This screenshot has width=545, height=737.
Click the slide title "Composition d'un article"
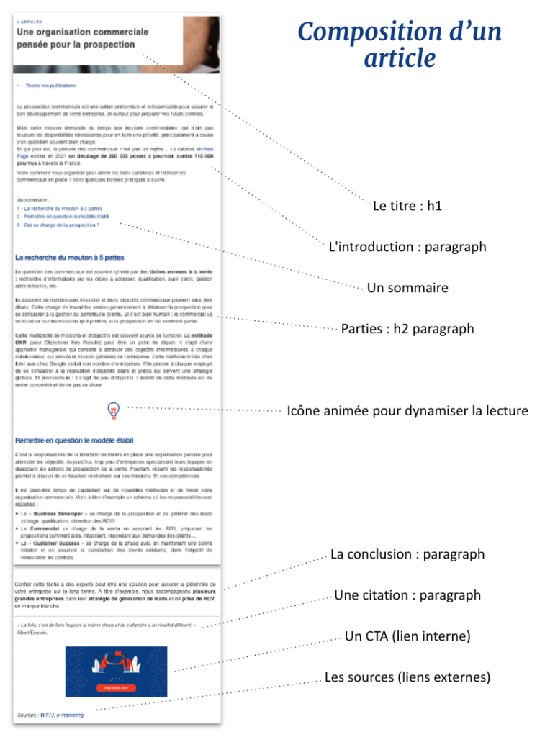[400, 45]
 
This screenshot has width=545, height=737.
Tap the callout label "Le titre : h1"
[407, 206]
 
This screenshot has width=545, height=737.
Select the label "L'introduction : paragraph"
[407, 247]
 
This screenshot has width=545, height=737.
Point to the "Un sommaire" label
[407, 288]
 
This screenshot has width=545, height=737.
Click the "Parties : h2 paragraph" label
[407, 329]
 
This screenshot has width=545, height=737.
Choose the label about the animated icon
[407, 411]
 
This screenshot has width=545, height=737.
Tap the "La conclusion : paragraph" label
[407, 554]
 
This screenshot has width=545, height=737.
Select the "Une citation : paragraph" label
[407, 595]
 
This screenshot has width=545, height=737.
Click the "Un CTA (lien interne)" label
[407, 636]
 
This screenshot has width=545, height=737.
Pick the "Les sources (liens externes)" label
[407, 677]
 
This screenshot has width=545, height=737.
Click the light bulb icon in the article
[113, 410]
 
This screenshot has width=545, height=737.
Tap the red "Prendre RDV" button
[117, 688]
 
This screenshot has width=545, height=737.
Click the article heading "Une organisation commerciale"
[83, 32]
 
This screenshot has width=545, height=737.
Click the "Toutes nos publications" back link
[50, 85]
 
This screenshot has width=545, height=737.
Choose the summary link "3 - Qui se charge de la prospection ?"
[58, 225]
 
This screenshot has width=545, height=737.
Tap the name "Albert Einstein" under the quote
[32, 633]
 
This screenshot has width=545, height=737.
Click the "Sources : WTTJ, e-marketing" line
[50, 715]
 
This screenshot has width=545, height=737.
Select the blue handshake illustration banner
[117, 671]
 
